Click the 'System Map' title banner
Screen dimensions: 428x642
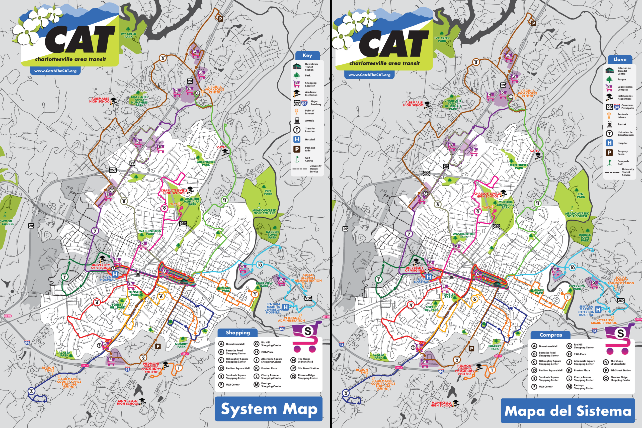(269, 409)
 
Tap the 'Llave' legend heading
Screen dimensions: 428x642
(620, 59)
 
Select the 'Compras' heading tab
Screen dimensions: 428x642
(550, 335)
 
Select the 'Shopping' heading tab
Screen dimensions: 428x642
(238, 333)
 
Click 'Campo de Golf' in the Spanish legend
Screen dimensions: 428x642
(623, 163)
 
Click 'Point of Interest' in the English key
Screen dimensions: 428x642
(309, 112)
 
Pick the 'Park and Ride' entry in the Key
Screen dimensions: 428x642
(310, 149)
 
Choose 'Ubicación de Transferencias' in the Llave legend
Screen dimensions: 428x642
(625, 133)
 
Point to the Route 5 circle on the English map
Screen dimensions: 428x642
(163, 58)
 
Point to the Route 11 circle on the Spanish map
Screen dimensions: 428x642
(537, 203)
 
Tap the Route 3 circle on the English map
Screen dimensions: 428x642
(31, 391)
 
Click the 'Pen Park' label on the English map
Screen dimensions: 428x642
(268, 192)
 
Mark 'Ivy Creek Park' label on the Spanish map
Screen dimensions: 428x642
(442, 40)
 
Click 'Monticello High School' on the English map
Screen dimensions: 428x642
(128, 402)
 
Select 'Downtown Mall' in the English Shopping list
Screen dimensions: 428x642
(235, 344)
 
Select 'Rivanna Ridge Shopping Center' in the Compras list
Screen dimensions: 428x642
(620, 379)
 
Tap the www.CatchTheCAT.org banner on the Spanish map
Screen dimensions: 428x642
(369, 75)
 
